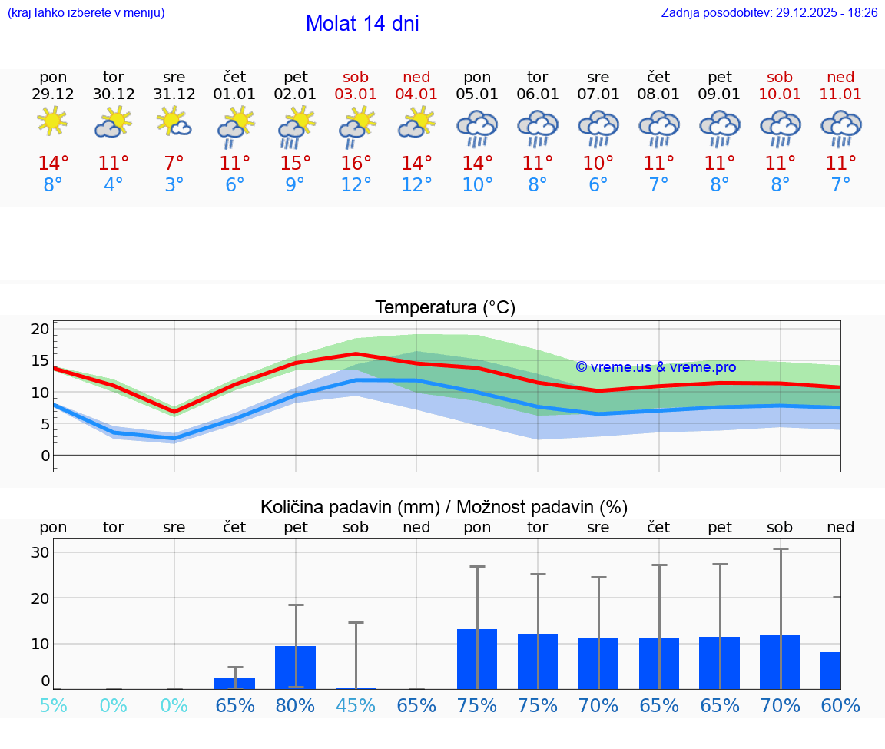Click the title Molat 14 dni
pos(362,24)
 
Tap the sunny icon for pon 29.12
pos(52,121)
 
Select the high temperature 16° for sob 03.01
pos(356,164)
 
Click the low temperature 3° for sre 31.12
pos(174,185)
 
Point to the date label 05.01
pos(477,94)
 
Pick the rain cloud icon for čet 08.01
pos(658,128)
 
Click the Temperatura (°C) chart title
pos(445,308)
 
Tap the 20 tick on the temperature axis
pos(40,329)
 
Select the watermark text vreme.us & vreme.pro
pos(655,367)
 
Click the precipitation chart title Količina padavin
pos(444,507)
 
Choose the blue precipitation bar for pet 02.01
pos(296,667)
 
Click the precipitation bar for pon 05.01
pos(477,659)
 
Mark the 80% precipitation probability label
pos(296,706)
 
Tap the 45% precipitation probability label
pos(356,706)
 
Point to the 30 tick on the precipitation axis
pos(40,552)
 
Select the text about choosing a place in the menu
pos(85,13)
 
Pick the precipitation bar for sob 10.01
pos(780,661)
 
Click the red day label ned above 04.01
pos(416,77)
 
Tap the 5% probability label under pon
pos(53,706)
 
